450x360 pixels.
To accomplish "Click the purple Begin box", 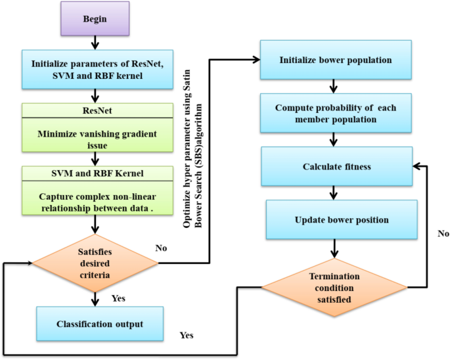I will (95, 20).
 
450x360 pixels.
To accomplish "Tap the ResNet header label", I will (96, 110).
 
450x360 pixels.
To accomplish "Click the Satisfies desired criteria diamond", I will (96, 263).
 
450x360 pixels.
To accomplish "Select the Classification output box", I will (100, 323).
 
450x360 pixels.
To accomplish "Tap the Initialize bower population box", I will (335, 60).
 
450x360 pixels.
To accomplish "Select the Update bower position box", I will (336, 220).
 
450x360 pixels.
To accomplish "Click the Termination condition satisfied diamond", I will (334, 287).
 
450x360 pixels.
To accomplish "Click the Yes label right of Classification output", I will (187, 335).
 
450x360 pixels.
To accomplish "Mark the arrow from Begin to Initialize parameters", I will (95, 43).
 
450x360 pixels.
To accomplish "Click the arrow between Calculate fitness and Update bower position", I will (336, 192).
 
